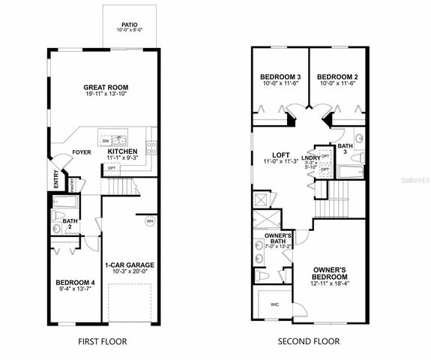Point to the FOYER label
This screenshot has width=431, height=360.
pos(81,152)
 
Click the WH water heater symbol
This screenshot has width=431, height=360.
pos(149,220)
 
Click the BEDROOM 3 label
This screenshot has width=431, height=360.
pos(280,77)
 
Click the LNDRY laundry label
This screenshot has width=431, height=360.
pos(310,157)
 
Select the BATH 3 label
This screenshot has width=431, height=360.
pos(344,149)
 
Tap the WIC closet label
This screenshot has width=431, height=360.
pos(274,304)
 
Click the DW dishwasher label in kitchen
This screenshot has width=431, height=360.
pos(106,140)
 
